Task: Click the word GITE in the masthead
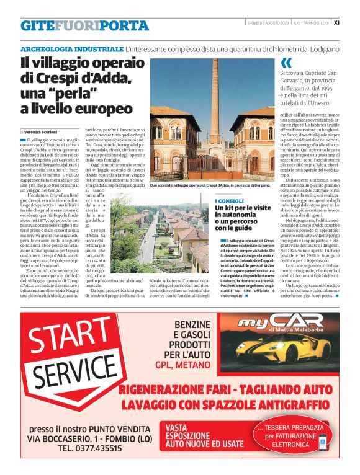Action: click(x=36, y=26)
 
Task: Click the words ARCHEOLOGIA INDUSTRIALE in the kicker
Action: click(x=71, y=48)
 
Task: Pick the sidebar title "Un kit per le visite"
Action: click(x=243, y=210)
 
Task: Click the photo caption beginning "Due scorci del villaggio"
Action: click(x=210, y=185)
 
